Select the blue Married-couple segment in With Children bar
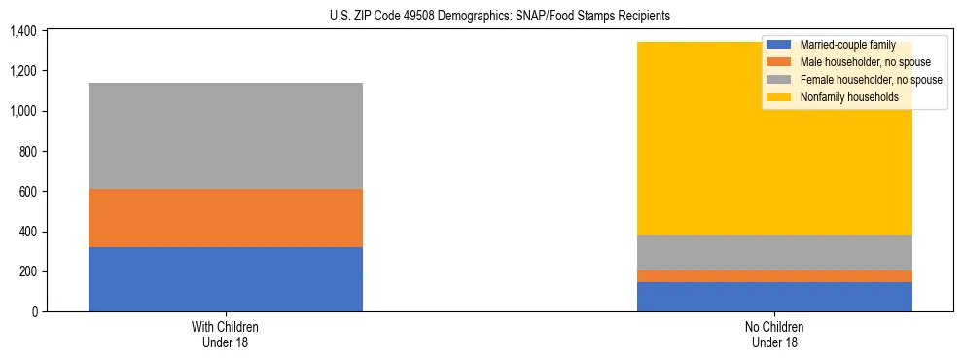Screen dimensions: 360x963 click(226, 279)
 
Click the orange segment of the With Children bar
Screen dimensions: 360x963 click(226, 218)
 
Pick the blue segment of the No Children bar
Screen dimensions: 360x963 click(774, 297)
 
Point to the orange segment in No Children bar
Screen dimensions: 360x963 click(774, 276)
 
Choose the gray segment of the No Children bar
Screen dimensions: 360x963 click(774, 253)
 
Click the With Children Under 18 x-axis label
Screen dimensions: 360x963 click(226, 335)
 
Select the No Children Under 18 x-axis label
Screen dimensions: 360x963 click(774, 335)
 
